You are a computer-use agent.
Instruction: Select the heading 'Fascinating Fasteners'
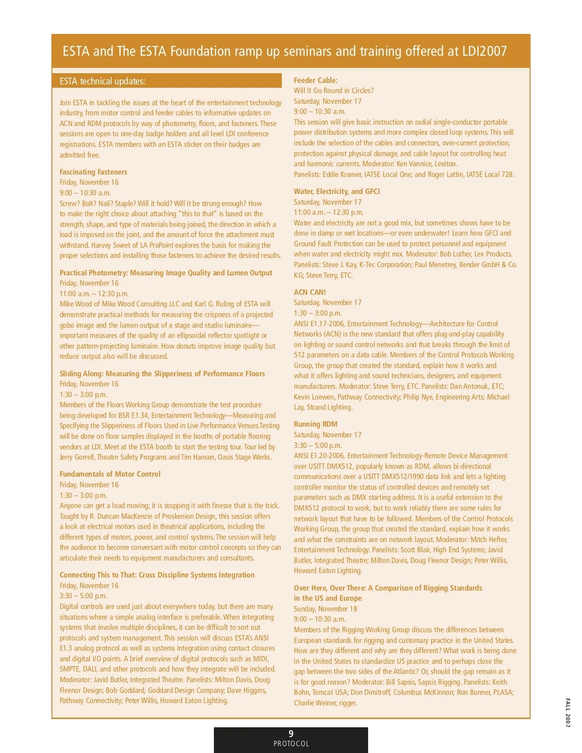[x=93, y=172]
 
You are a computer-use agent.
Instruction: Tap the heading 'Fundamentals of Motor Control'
[x=110, y=474]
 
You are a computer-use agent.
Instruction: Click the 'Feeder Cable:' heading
[x=315, y=80]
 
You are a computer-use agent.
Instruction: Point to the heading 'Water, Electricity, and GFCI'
[x=337, y=192]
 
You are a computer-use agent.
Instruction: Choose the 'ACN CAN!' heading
[x=309, y=292]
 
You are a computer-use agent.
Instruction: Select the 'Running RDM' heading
[x=315, y=424]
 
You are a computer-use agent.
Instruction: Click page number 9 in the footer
[x=291, y=734]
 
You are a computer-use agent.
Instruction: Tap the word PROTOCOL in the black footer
[x=291, y=744]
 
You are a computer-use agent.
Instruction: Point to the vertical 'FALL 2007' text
[x=568, y=713]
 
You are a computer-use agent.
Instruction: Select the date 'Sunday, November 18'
[x=325, y=609]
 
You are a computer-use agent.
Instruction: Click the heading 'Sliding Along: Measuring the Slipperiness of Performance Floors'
[x=162, y=374]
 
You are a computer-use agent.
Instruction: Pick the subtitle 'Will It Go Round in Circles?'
[x=334, y=91]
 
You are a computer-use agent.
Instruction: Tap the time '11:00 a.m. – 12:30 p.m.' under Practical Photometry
[x=94, y=294]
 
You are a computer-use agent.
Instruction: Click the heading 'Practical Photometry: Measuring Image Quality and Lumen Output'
[x=166, y=273]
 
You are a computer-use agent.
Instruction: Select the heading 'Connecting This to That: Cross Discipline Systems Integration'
[x=157, y=575]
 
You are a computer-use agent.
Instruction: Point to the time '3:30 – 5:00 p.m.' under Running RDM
[x=318, y=446]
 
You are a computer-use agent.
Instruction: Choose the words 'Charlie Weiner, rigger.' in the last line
[x=325, y=703]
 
